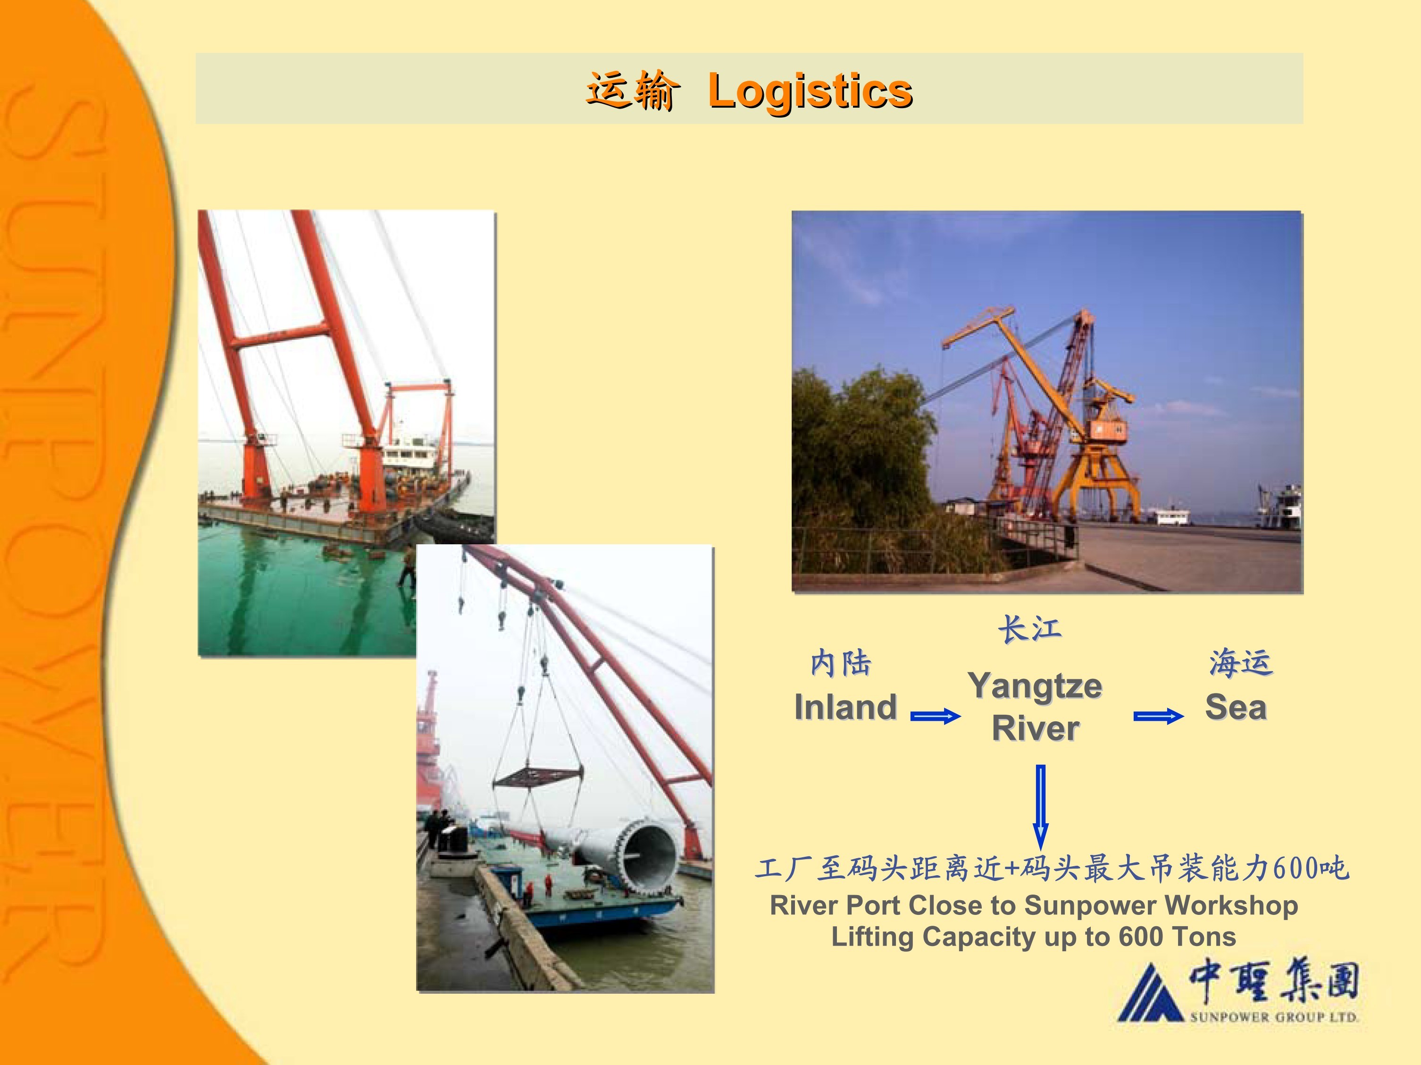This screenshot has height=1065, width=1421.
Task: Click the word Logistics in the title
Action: pos(810,91)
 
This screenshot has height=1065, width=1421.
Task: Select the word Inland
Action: pos(845,707)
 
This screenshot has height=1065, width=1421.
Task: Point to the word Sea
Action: pos(1235,707)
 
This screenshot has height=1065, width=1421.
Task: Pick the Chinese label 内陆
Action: pos(841,663)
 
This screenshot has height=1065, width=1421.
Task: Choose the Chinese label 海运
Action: pos(1240,663)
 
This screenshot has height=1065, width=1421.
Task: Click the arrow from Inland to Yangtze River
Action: pos(936,716)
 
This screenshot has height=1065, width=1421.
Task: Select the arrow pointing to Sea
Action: pos(1158,716)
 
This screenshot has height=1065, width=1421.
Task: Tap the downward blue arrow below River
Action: pos(1041,807)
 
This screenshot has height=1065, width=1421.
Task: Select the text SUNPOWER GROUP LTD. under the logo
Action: pos(1274,1017)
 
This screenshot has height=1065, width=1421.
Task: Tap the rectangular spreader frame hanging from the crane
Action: pos(538,776)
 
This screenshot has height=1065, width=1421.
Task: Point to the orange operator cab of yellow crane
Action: pos(1108,430)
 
